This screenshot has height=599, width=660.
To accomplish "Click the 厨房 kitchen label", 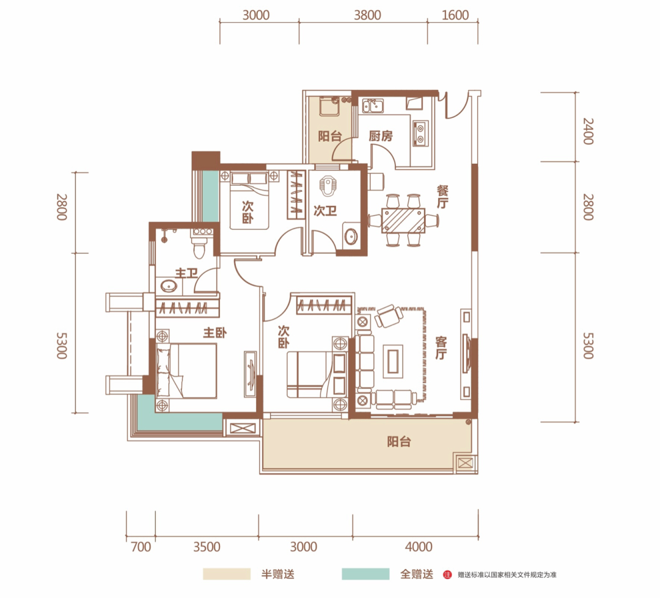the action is [x=381, y=136].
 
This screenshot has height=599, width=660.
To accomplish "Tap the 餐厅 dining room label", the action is [x=442, y=197].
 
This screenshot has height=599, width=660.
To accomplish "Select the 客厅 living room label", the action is [x=441, y=348].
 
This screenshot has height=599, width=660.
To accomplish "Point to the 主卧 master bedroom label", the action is [x=215, y=333].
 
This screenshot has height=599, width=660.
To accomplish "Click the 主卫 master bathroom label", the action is [x=186, y=273].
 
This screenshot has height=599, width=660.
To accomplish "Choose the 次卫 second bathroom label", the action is [x=325, y=210].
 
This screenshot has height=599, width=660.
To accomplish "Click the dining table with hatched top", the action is [x=404, y=219].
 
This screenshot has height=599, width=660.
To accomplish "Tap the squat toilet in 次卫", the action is [x=326, y=186].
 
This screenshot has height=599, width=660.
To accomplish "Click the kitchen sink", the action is [x=373, y=106].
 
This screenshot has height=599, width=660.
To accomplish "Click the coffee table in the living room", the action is [x=393, y=359].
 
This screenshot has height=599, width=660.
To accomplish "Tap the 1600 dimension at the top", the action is [x=455, y=15].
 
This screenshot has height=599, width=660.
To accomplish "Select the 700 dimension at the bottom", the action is [x=141, y=547].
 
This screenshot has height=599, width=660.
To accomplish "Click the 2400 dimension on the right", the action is [x=588, y=131].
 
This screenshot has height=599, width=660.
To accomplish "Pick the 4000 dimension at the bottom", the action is [x=419, y=547].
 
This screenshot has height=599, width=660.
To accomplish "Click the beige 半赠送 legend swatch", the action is [x=227, y=574].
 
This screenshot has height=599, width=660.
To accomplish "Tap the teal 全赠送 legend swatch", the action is [x=365, y=574].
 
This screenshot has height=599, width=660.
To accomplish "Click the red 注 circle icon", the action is [x=447, y=575].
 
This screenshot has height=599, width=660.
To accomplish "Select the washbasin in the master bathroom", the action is [x=169, y=286].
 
